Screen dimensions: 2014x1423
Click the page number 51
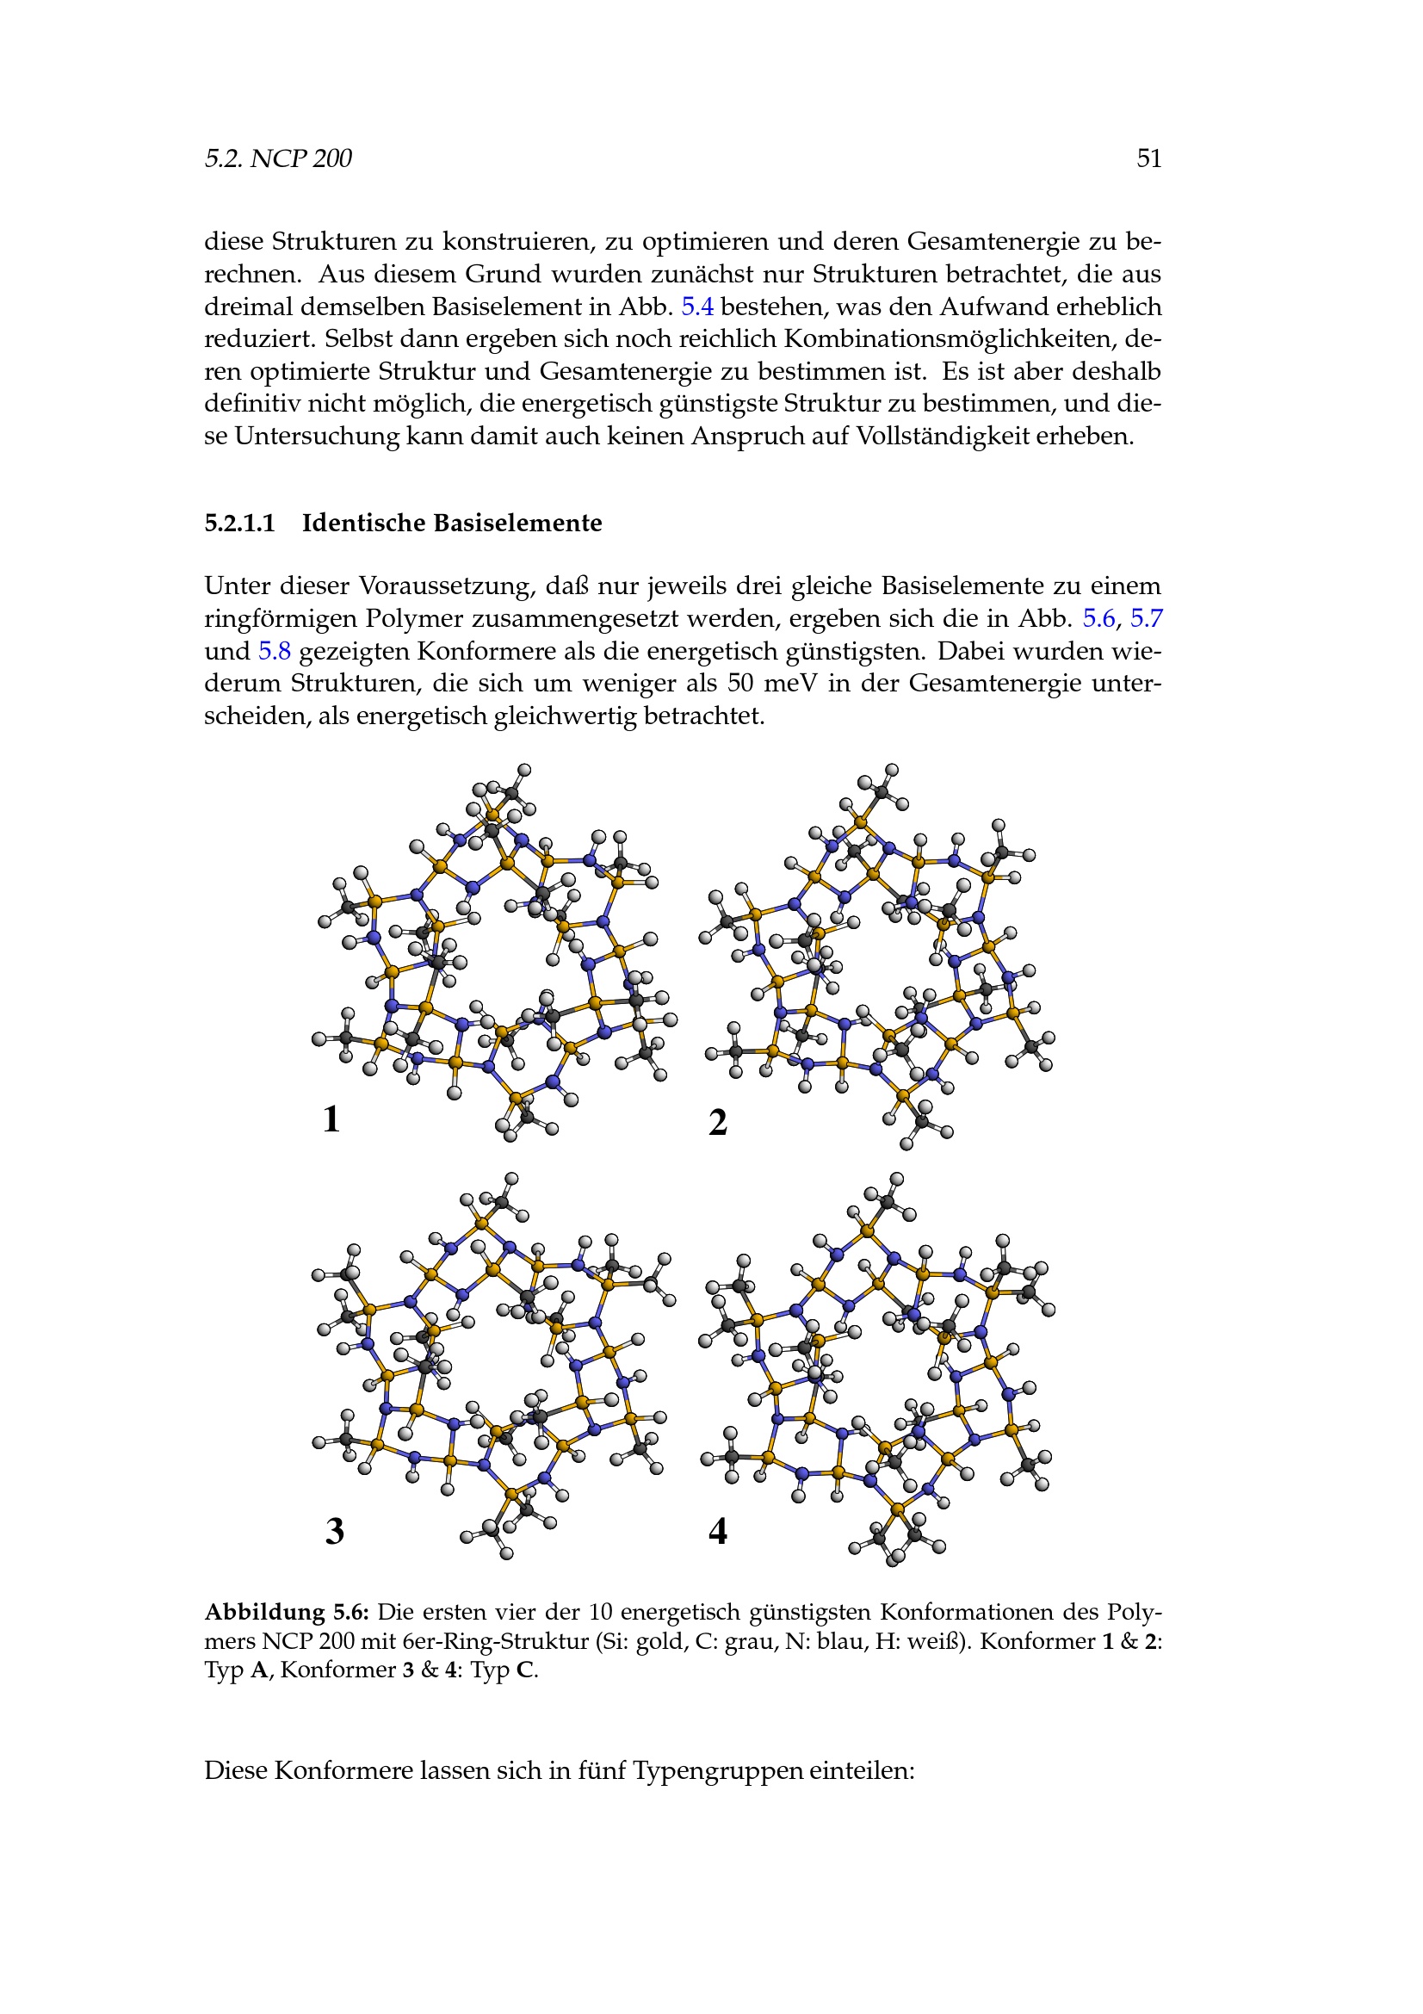(x=1148, y=158)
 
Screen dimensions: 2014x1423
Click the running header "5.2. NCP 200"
(x=278, y=158)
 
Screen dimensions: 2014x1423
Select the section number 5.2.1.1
(x=239, y=523)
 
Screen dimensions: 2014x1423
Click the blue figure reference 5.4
(x=697, y=307)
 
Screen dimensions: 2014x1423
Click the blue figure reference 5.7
(x=1146, y=618)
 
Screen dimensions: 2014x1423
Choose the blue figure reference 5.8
(x=275, y=651)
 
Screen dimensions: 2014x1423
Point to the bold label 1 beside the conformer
(x=331, y=1119)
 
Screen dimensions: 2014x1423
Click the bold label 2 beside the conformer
(x=718, y=1123)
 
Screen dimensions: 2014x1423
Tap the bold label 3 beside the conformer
(x=335, y=1531)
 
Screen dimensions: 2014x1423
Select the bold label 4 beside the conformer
(x=718, y=1531)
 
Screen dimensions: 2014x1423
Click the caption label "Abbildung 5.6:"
(x=287, y=1612)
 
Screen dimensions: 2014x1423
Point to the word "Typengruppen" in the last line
(x=717, y=1770)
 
